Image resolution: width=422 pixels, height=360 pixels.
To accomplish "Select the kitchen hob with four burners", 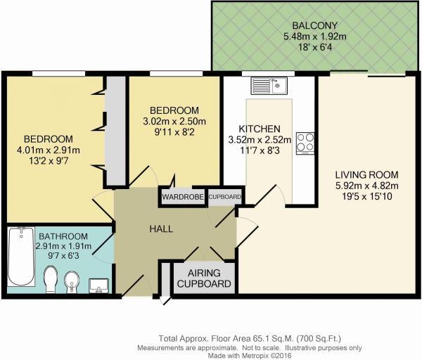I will click(306, 142).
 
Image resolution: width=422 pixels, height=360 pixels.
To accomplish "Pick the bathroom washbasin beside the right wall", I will click(99, 285).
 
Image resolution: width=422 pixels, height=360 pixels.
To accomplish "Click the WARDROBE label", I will click(183, 197).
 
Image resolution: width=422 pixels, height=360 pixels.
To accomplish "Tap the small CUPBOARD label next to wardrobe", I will click(224, 197).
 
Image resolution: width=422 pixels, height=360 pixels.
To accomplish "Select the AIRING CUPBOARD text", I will click(203, 278).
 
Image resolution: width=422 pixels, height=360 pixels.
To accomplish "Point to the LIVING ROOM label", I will click(366, 174).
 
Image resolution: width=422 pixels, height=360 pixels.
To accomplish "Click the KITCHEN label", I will click(260, 129).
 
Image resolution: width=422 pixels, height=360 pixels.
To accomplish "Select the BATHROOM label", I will click(63, 236).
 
